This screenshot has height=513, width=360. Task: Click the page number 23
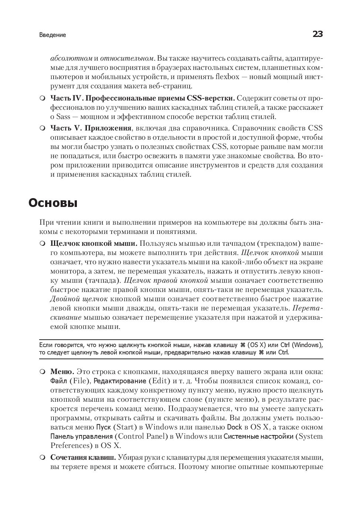click(317, 34)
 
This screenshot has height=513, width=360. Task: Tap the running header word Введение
click(52, 35)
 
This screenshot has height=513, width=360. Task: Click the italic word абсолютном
click(71, 58)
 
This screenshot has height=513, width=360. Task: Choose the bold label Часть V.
click(64, 128)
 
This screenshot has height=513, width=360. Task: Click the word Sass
click(63, 117)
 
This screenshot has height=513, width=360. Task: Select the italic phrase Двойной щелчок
click(79, 299)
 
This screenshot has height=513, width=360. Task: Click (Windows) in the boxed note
click(307, 345)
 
